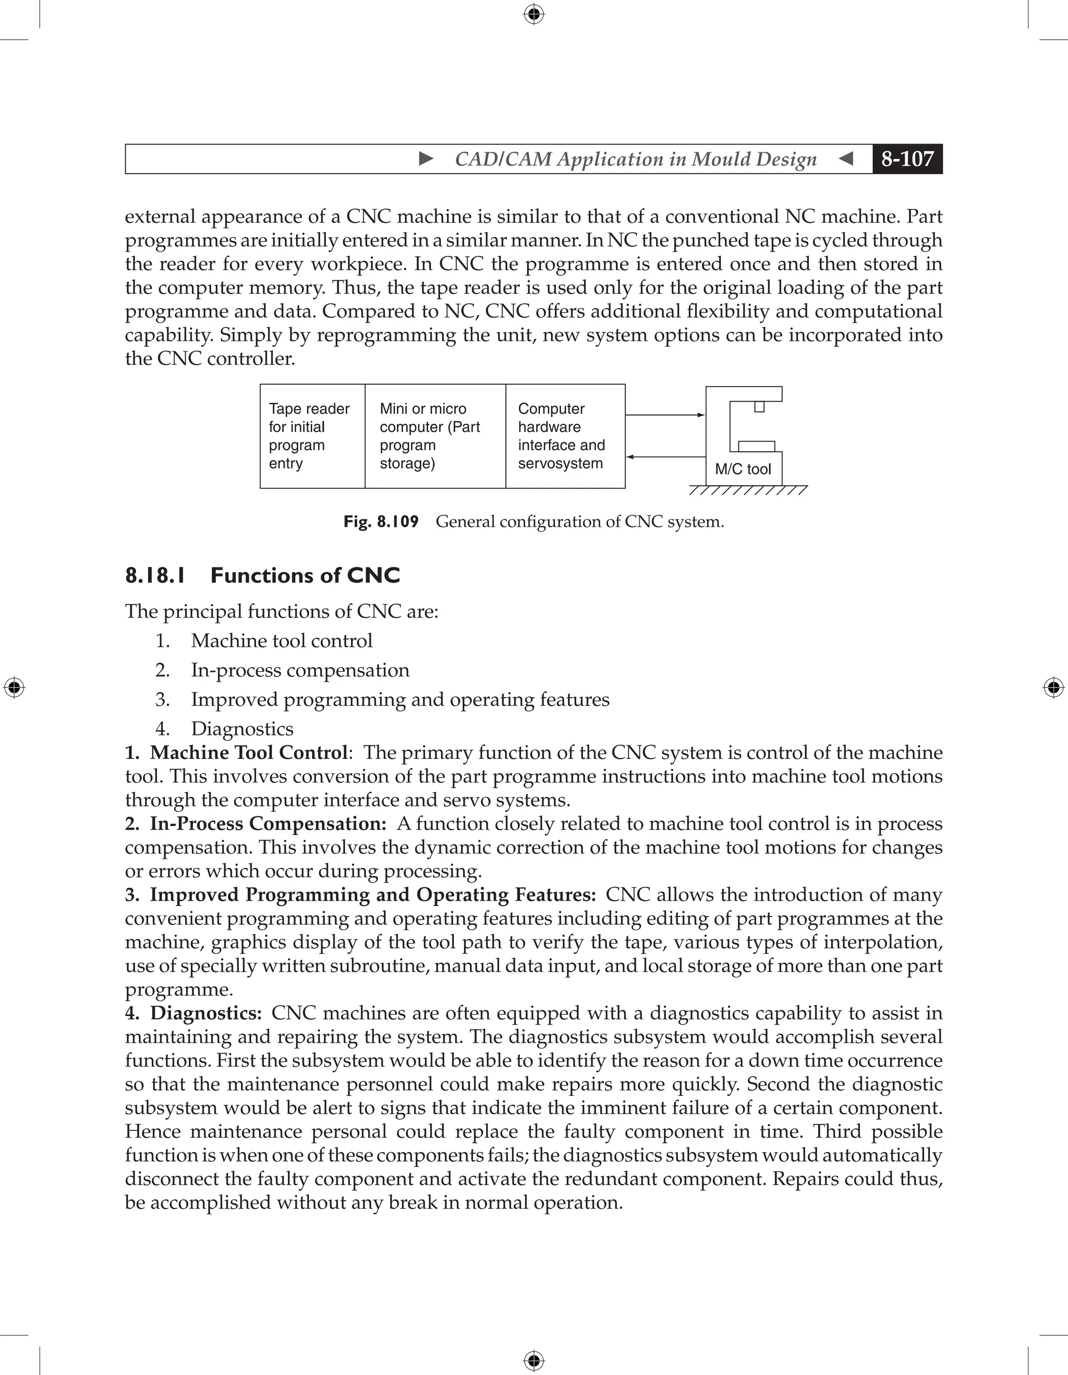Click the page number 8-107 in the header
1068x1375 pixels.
pyautogui.click(x=907, y=159)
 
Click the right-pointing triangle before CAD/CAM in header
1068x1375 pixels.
pyautogui.click(x=426, y=159)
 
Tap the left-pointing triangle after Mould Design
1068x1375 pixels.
pyautogui.click(x=846, y=159)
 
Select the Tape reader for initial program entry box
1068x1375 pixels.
pyautogui.click(x=312, y=436)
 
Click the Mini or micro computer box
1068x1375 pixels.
pyautogui.click(x=435, y=436)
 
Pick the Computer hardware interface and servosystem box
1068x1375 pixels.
pyautogui.click(x=565, y=436)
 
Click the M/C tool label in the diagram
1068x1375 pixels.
pyautogui.click(x=743, y=469)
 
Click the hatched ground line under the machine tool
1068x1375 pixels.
pyautogui.click(x=748, y=490)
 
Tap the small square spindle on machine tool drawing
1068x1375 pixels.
pyautogui.click(x=760, y=407)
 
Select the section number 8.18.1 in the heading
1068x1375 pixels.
pyautogui.click(x=155, y=575)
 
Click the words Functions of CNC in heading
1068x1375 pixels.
pyautogui.click(x=305, y=575)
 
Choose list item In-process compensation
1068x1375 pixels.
pyautogui.click(x=300, y=670)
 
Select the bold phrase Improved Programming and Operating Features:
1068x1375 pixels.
pyautogui.click(x=372, y=895)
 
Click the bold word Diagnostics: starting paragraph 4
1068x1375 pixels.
pyautogui.click(x=206, y=1013)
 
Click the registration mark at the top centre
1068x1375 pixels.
pyautogui.click(x=533, y=14)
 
